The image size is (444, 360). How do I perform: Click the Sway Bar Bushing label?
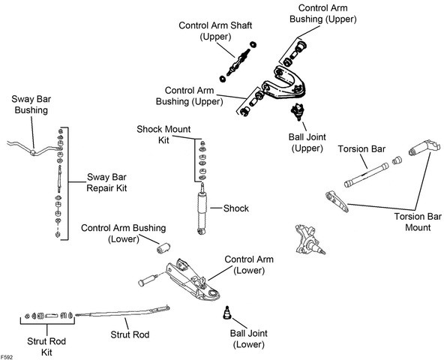point(31,104)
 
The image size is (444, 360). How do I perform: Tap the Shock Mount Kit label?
point(163,134)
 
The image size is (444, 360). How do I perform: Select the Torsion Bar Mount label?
point(418,222)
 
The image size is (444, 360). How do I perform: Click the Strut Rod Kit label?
point(46,346)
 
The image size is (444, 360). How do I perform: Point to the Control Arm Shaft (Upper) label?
point(215,31)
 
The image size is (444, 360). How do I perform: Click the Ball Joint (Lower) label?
point(248,339)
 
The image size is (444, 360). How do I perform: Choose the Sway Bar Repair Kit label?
point(106,182)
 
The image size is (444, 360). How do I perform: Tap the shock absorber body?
point(202,208)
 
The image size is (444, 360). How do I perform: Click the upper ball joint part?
point(298,112)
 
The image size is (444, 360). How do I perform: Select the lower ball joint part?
point(226,313)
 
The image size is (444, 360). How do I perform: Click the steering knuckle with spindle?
point(310,239)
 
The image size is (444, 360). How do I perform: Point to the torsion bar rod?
point(367,175)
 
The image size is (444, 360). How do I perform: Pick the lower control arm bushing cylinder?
point(163,247)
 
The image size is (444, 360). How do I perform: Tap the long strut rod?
point(122,311)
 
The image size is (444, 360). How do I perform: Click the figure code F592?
point(7,357)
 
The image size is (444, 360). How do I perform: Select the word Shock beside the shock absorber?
point(235,208)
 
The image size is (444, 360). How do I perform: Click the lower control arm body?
point(193,280)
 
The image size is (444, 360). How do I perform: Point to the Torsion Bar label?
point(361,149)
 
